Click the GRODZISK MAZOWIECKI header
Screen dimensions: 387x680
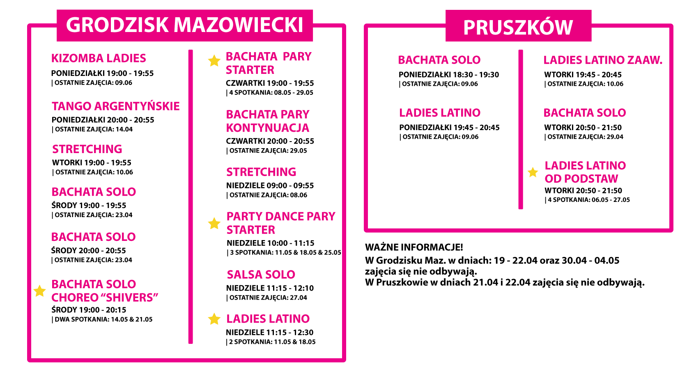pos(185,25)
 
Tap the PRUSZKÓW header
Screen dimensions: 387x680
pos(518,27)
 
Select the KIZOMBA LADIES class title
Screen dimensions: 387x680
pos(99,58)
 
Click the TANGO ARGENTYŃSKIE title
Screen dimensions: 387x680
pos(116,106)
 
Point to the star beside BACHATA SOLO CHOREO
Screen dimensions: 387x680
pos(39,291)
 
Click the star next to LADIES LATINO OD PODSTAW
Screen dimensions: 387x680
pos(533,172)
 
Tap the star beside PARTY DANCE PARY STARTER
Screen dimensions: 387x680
pos(214,223)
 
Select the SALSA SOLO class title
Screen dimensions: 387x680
pos(261,275)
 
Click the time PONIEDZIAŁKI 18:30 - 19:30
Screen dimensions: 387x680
pos(449,75)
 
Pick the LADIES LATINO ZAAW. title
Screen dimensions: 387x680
pos(603,60)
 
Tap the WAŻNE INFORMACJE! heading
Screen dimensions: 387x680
pos(414,247)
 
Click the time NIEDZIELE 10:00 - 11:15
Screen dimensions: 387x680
pos(271,243)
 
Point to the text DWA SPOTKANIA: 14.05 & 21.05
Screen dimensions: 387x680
pos(103,319)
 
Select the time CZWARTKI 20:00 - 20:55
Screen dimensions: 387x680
pos(270,141)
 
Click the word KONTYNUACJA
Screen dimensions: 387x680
pos(268,128)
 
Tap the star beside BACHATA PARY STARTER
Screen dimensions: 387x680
pos(214,61)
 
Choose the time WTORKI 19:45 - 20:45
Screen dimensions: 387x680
pos(583,75)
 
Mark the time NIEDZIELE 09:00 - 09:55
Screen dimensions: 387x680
pos(270,185)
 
